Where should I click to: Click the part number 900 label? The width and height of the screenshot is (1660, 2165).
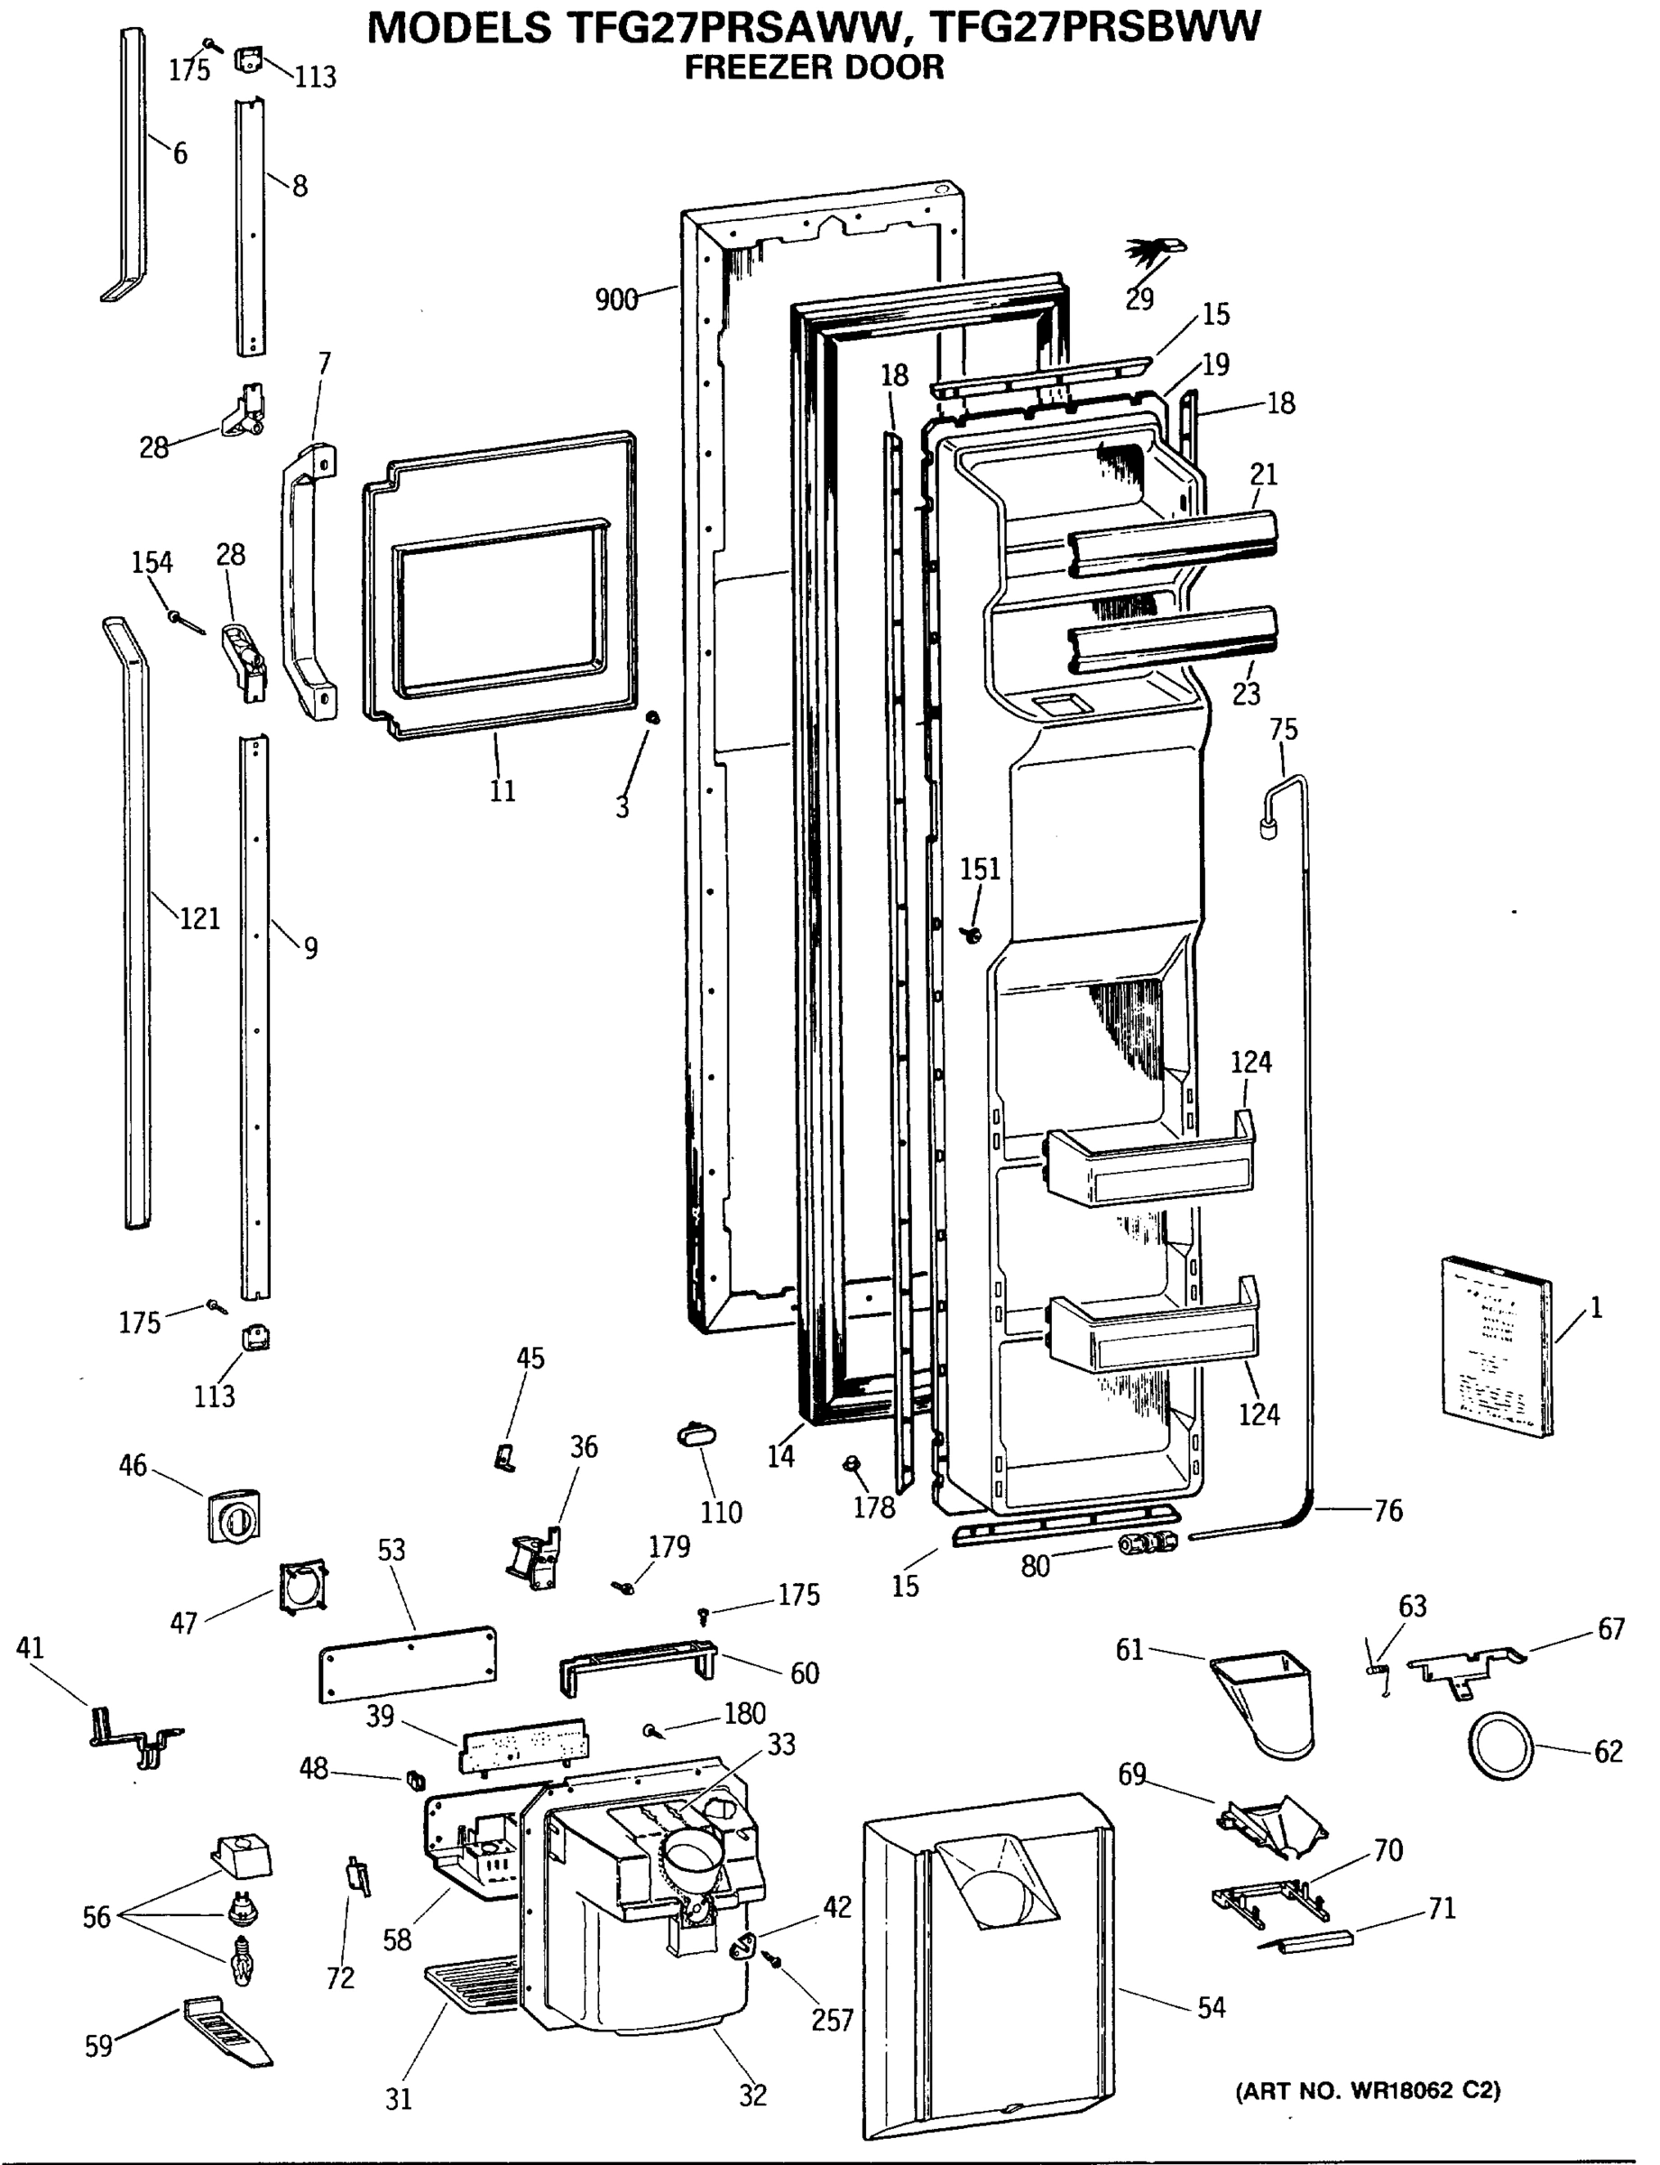(x=615, y=299)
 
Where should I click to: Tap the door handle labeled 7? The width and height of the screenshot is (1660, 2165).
(x=308, y=582)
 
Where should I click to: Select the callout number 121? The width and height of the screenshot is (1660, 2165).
(x=198, y=918)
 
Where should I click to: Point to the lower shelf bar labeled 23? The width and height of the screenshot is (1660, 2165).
(x=1172, y=640)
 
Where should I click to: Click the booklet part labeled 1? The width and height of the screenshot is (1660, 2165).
(x=1496, y=1346)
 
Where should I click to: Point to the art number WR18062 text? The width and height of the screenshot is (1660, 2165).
(x=1368, y=2090)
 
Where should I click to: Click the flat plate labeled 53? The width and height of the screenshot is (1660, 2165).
(x=407, y=1664)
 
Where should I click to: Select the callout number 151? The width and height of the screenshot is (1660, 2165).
(x=979, y=869)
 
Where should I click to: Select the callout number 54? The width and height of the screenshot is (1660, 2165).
(x=1211, y=2007)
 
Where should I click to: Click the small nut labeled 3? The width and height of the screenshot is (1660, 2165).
(x=651, y=716)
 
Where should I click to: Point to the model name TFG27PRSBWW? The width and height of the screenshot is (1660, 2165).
(x=1096, y=27)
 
